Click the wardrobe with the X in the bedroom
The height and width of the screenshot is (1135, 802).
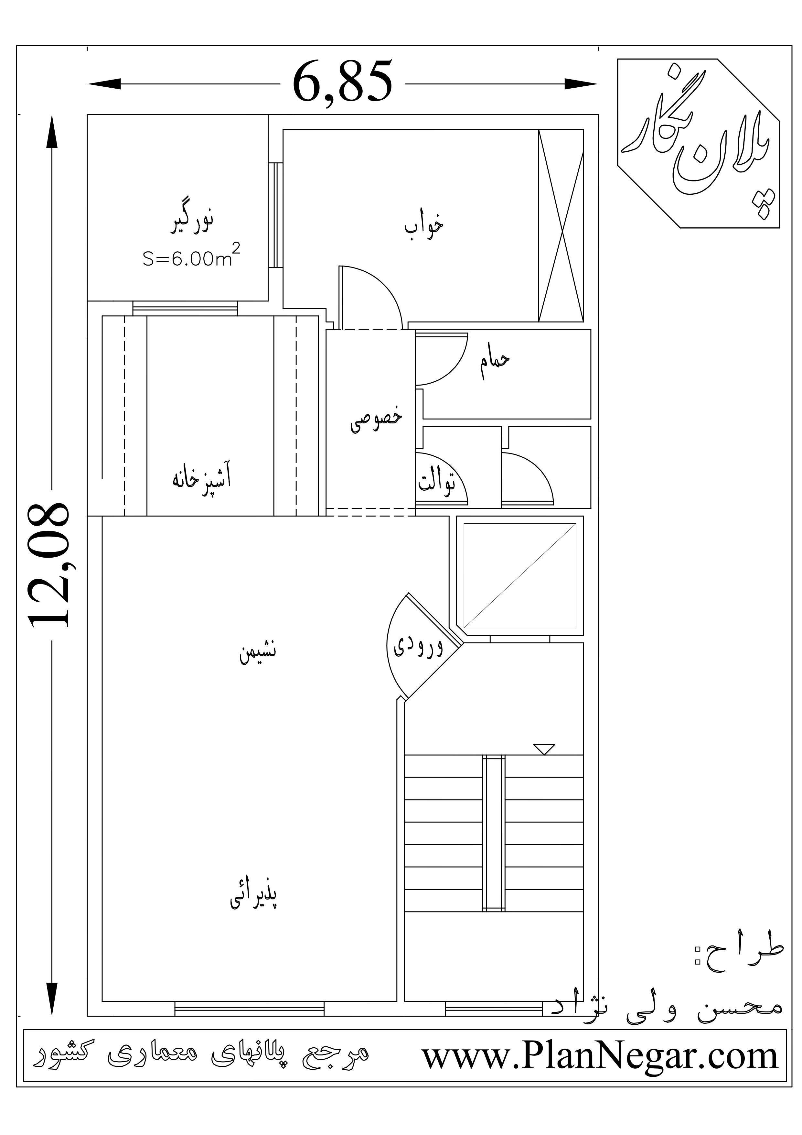point(561,226)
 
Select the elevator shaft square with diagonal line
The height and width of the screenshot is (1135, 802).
point(520,575)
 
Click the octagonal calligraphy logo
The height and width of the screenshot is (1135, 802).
point(698,143)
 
